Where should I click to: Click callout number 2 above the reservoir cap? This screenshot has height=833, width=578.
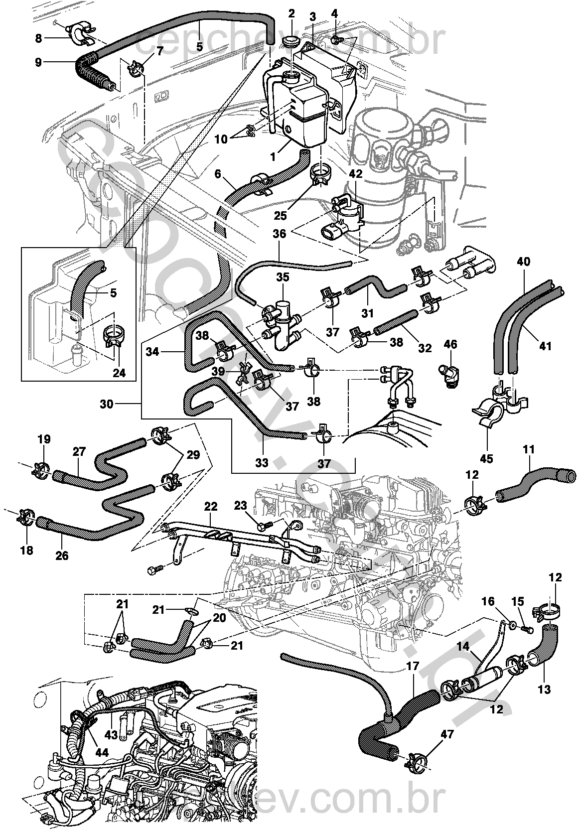click(291, 13)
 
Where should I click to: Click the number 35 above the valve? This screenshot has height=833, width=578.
click(283, 277)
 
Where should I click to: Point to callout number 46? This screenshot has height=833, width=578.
click(450, 344)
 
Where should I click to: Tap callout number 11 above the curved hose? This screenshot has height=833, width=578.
click(529, 450)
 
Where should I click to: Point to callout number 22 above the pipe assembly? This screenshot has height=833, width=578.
click(211, 506)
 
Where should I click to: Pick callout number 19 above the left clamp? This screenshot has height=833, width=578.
click(44, 439)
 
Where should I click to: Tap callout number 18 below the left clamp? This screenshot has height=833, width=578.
click(26, 550)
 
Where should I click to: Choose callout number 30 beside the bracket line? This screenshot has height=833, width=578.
click(107, 404)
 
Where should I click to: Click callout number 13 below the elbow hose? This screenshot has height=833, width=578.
click(545, 690)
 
